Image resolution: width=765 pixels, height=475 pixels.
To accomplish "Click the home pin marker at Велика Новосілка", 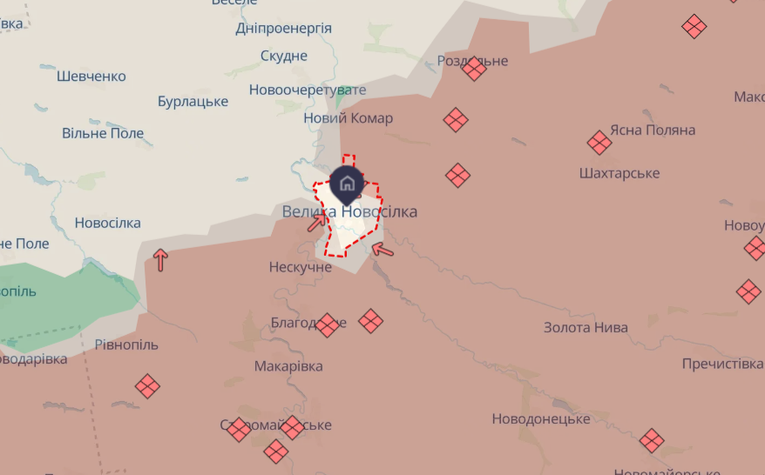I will click(347, 183).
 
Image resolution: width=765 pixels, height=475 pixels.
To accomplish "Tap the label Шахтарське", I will click(619, 173).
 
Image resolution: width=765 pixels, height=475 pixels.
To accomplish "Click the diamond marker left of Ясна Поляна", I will click(599, 143).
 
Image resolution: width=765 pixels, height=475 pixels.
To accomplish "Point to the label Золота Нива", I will click(586, 328).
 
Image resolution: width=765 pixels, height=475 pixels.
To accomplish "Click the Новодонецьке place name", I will click(541, 418).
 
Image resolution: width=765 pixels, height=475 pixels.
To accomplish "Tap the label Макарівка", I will click(288, 366).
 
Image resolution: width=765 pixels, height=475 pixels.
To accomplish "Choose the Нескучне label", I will click(301, 267).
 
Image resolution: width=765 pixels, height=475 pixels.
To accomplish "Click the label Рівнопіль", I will click(126, 345).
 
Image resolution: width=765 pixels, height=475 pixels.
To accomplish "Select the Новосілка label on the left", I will click(107, 224).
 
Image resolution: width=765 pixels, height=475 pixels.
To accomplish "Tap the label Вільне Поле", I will click(103, 134).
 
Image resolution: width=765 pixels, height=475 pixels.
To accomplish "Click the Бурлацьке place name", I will click(193, 102).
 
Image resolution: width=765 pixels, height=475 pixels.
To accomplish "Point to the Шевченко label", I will click(91, 77).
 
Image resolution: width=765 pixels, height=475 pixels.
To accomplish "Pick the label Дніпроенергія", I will click(283, 29).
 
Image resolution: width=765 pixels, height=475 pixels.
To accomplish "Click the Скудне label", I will click(284, 57).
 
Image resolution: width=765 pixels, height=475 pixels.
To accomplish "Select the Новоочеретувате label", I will click(307, 90).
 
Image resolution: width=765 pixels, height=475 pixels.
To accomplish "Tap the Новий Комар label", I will click(348, 118).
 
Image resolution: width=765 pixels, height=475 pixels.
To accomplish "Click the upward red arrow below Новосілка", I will click(160, 259).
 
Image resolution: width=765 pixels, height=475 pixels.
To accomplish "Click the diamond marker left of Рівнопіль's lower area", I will click(147, 385).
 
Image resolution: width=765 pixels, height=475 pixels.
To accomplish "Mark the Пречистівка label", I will click(722, 364).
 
